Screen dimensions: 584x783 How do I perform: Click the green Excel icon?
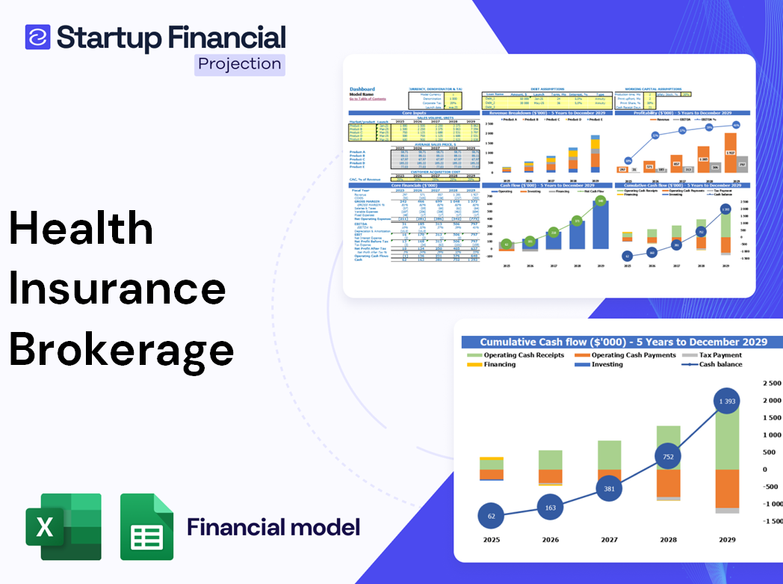coord(64,526)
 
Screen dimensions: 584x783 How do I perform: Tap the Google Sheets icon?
coord(147,526)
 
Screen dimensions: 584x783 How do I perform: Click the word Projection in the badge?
coord(240,64)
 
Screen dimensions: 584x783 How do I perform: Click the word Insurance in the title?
coord(117,289)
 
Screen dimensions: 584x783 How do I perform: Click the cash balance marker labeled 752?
coord(669,457)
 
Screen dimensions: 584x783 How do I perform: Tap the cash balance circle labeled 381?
coord(610,488)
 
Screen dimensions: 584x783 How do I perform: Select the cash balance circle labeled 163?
coord(550,508)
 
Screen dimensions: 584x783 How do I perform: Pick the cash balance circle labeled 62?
coord(490,516)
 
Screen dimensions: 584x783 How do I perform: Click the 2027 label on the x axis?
coord(610,539)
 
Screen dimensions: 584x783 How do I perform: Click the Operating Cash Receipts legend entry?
coord(523,355)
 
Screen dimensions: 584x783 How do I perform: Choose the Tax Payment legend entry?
coord(720,355)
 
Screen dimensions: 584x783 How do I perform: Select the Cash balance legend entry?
coord(720,364)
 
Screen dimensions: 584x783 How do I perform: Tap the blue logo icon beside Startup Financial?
coord(37,37)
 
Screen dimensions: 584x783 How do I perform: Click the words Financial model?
coord(273,527)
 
